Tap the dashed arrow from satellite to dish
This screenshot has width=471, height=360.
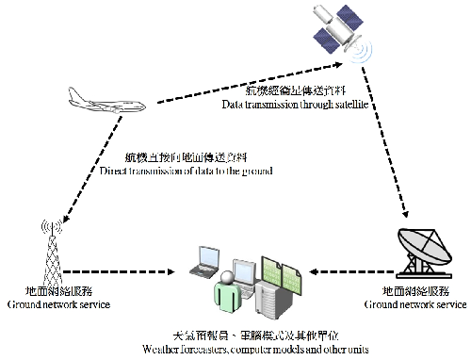[386, 141]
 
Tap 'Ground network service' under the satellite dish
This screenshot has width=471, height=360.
[415, 305]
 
